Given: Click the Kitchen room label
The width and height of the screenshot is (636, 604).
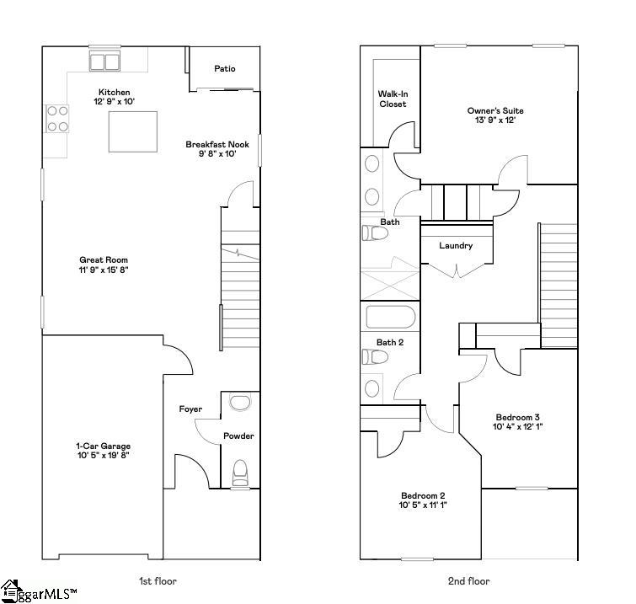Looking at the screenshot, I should [x=115, y=92].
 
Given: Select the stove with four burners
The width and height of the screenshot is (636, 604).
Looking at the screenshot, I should [x=57, y=118].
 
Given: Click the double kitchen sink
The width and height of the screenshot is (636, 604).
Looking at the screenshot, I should [x=106, y=61].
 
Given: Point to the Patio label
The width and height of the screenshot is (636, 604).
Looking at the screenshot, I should [x=224, y=69].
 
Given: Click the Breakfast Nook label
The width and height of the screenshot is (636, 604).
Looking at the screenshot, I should [x=217, y=144].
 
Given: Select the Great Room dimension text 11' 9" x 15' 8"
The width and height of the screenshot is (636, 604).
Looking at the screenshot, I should [x=104, y=270].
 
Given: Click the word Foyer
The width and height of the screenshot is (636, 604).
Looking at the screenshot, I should [x=190, y=409].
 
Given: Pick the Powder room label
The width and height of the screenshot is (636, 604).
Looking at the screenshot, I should [x=238, y=436].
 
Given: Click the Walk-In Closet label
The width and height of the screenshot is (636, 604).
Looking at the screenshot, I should [x=392, y=99].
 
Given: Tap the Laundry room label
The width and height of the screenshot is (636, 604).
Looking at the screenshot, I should [x=456, y=246].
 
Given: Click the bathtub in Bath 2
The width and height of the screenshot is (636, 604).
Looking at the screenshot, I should [x=391, y=318].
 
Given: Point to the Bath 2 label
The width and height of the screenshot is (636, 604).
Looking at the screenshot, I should [x=390, y=342].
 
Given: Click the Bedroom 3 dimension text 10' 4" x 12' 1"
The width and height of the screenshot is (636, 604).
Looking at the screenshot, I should [x=517, y=427].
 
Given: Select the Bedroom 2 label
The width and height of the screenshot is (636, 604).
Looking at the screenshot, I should [x=422, y=495].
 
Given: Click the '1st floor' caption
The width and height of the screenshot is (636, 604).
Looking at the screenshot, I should [x=158, y=580].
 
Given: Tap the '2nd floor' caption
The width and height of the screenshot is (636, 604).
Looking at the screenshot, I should [x=469, y=580].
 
